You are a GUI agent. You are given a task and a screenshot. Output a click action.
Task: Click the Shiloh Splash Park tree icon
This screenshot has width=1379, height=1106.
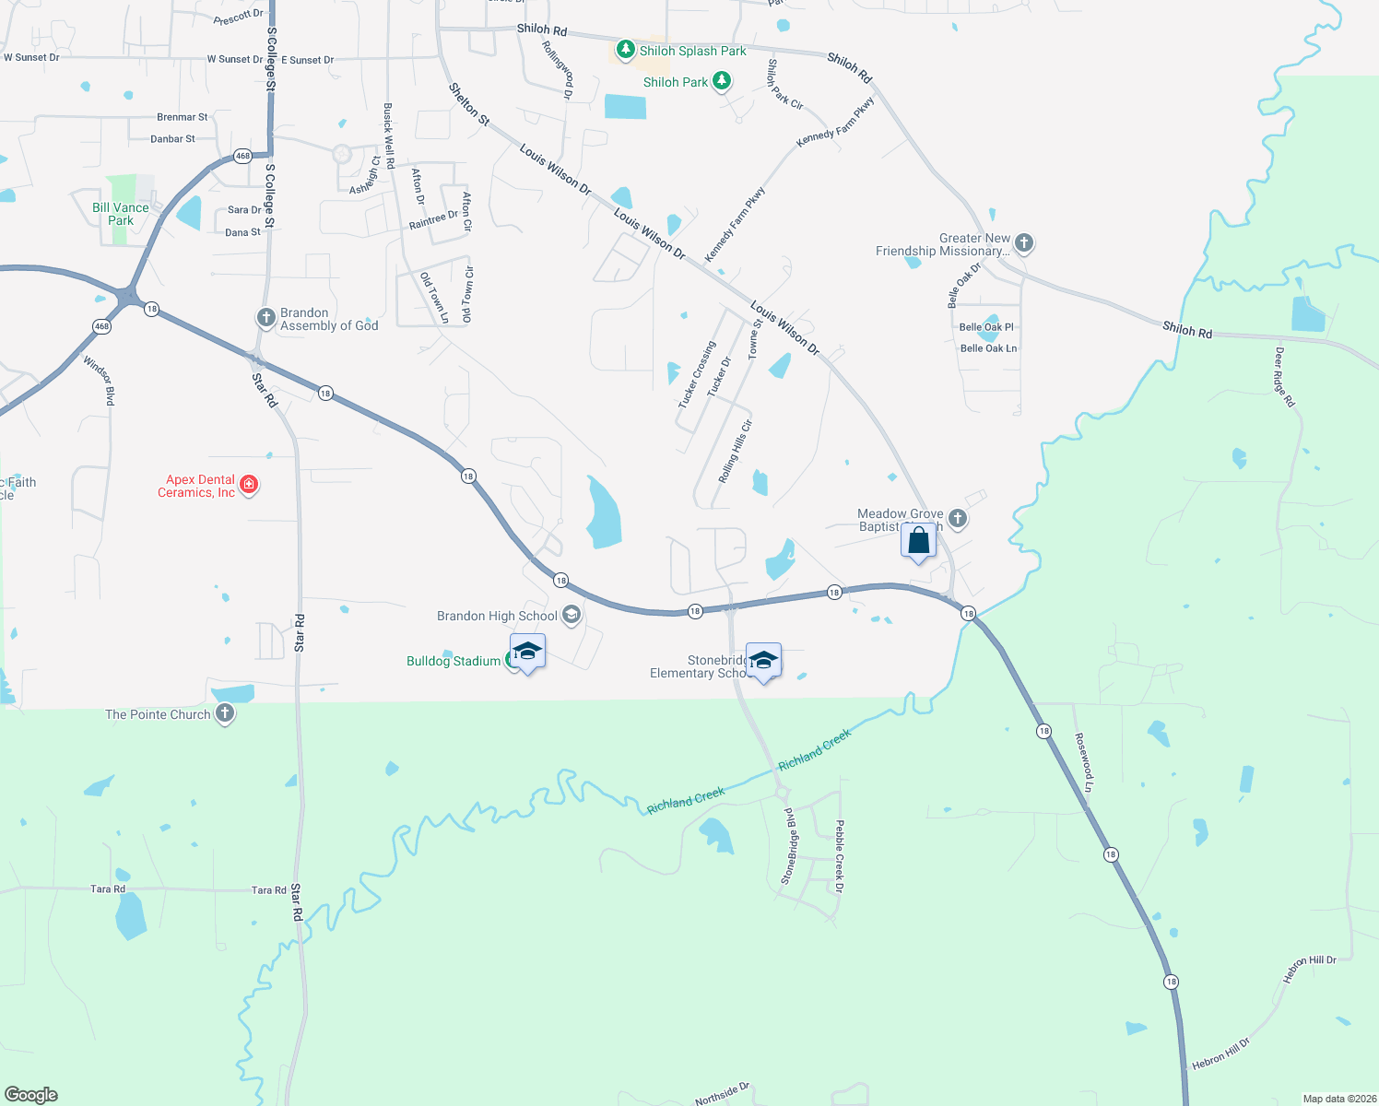point(626,49)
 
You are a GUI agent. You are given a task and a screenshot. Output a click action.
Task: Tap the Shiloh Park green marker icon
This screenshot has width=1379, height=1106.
point(722,81)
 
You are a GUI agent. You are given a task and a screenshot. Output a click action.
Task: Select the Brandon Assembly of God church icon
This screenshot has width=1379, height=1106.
point(265,318)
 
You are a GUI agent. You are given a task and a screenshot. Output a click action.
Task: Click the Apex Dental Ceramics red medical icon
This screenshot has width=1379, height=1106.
point(248,485)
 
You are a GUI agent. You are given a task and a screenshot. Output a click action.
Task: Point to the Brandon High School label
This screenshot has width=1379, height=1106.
point(497,616)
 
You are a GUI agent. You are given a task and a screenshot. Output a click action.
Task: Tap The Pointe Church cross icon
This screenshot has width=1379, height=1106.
point(225,713)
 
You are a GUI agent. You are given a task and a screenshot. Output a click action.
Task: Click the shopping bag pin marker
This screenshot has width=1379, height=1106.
point(918,542)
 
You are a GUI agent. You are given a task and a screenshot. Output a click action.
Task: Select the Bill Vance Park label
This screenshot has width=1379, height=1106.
point(121,214)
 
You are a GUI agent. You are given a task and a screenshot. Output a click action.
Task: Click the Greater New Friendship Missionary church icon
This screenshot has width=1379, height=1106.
point(1023,243)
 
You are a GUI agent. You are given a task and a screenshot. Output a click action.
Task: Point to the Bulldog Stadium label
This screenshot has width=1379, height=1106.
point(454,661)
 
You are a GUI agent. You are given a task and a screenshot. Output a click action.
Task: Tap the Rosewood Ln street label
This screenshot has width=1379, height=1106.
point(1084,762)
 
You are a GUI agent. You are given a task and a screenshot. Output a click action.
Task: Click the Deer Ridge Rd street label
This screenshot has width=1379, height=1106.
point(1284,377)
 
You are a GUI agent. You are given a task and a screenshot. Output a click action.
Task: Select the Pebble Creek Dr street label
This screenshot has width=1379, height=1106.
point(839,856)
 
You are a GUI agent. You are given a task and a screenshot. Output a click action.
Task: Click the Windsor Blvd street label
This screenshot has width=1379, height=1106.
point(100,380)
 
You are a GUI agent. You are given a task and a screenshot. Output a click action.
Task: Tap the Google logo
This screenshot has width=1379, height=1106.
point(31,1094)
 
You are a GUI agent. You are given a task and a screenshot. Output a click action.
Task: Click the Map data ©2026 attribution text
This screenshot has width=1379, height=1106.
point(1336,1099)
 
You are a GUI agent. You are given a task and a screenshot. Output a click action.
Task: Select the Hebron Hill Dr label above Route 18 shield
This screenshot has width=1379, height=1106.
point(1309,969)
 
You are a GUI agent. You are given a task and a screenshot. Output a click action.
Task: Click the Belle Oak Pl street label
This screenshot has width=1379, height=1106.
point(986,327)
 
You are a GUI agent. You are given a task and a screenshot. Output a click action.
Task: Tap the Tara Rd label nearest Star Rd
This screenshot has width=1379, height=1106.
point(268,890)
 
